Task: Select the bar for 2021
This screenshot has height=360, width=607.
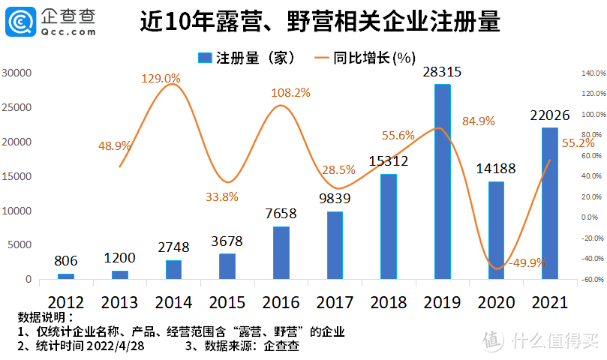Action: click(550, 203)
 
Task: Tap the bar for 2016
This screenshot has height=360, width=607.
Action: click(281, 253)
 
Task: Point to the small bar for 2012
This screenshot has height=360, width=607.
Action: click(66, 276)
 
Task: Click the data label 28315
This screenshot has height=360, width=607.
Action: click(442, 72)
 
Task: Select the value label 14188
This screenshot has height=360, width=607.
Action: click(496, 169)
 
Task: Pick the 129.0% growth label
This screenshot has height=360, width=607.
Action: click(161, 78)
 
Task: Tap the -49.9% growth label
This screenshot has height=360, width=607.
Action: click(527, 263)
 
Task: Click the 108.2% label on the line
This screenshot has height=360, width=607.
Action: click(290, 93)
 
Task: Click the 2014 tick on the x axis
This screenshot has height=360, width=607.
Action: click(173, 301)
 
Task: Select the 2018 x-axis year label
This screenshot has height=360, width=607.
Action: click(388, 301)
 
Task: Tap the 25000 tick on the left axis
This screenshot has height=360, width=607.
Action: click(16, 107)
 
